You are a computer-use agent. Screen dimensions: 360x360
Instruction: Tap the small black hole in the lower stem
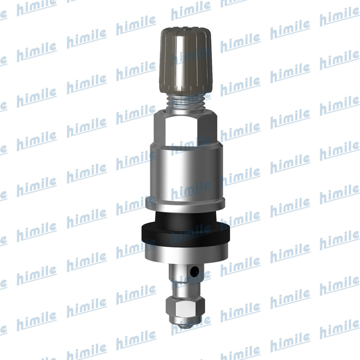click(194, 272)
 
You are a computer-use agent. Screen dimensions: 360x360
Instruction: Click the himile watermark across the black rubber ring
click(191, 232)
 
